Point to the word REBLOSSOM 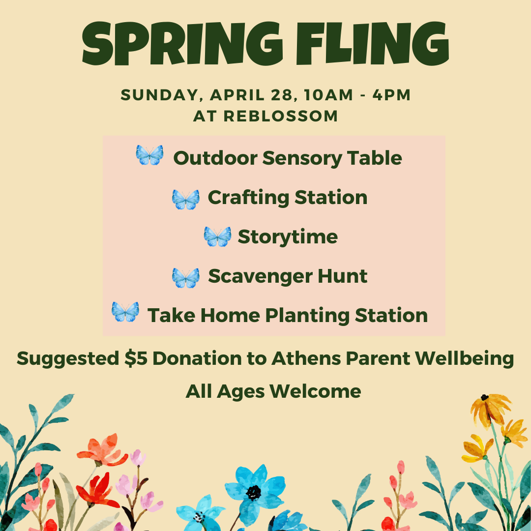click(x=281, y=116)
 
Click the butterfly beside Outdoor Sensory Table click(x=149, y=155)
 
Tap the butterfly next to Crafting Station click(x=185, y=199)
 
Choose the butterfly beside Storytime click(x=217, y=236)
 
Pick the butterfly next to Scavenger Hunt click(x=185, y=277)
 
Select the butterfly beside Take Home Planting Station click(x=125, y=312)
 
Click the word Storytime click(x=288, y=237)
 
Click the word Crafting click(x=248, y=198)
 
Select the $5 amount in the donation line click(x=136, y=358)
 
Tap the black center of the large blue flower click(x=254, y=492)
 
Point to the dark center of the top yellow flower click(x=485, y=397)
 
